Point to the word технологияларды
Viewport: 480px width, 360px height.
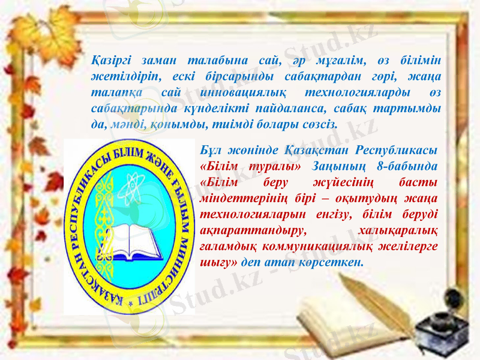point(358,92)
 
